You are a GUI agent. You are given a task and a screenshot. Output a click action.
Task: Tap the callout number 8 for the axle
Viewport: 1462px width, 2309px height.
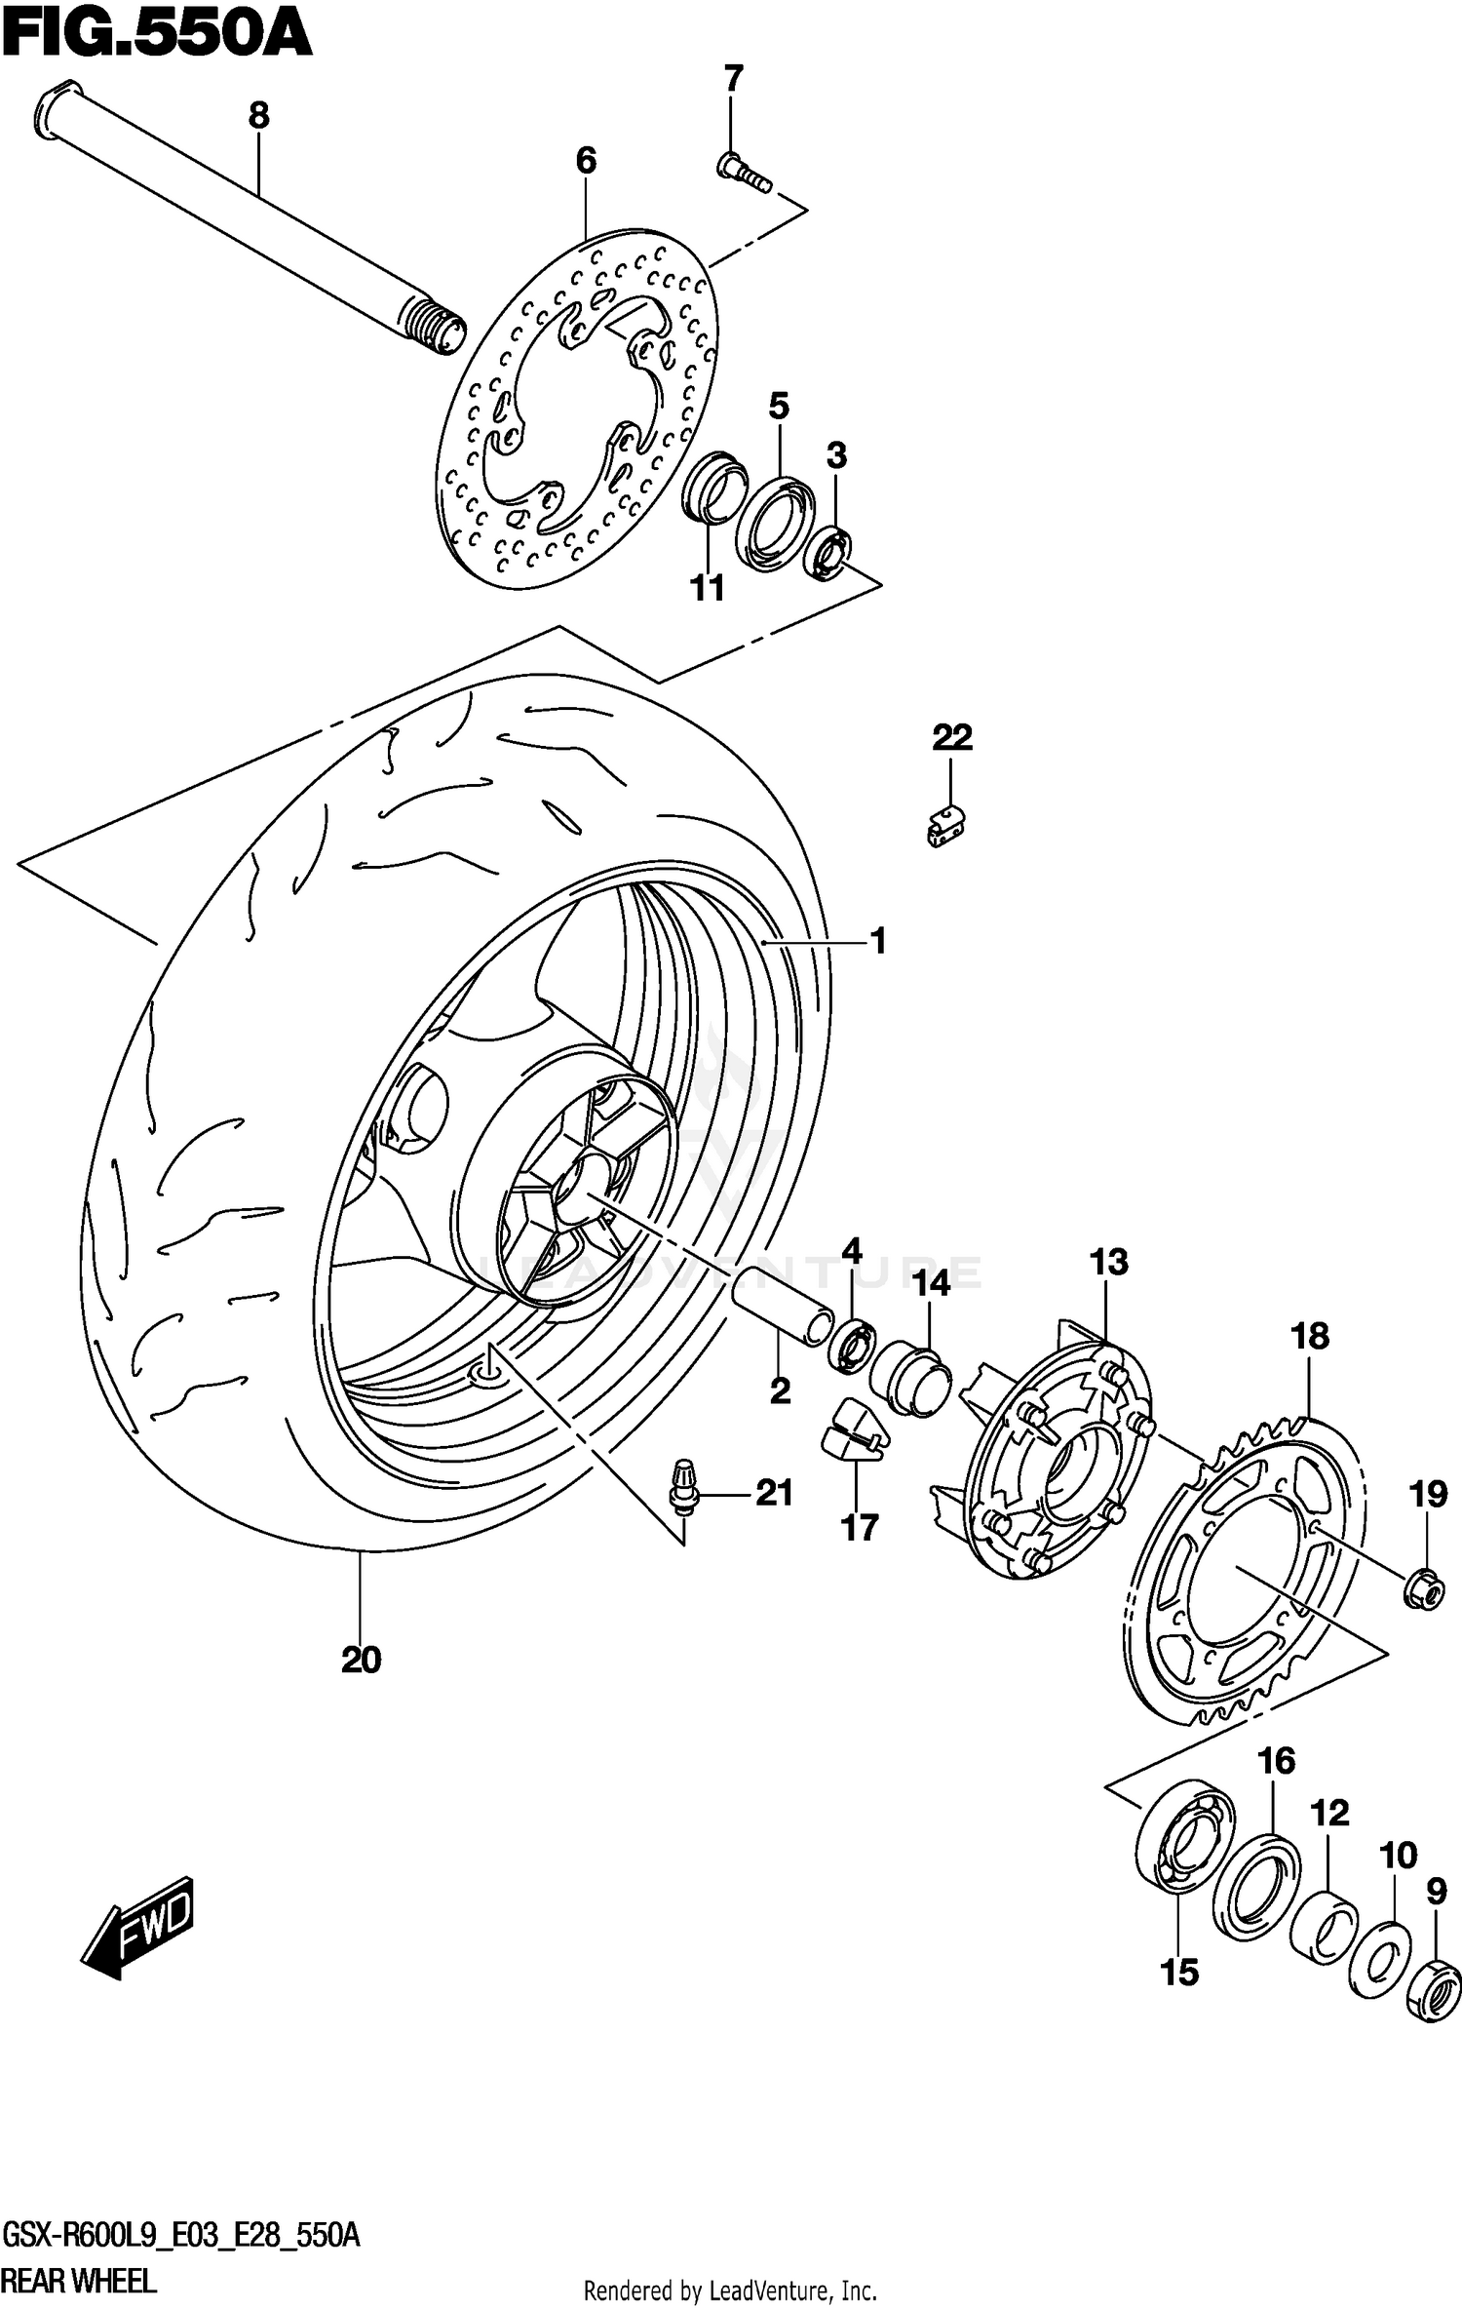click(258, 116)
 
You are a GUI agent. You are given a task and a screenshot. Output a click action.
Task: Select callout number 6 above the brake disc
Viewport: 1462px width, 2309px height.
click(586, 160)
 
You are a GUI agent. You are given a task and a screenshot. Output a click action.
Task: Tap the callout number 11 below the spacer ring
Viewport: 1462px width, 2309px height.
click(708, 588)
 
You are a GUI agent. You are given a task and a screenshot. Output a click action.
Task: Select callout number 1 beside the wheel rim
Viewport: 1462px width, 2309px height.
click(878, 942)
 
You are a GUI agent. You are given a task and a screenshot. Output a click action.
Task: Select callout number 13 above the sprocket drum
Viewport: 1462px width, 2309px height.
click(1109, 1262)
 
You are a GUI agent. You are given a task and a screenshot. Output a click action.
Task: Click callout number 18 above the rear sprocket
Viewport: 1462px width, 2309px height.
click(1310, 1336)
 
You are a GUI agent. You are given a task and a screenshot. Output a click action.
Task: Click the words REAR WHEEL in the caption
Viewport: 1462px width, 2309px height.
click(78, 2283)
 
